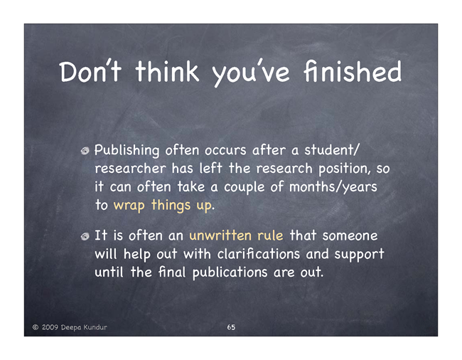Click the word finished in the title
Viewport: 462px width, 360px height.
[353, 71]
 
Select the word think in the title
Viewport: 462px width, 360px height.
[167, 71]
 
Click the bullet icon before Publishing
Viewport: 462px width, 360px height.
[85, 151]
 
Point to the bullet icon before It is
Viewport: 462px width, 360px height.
[85, 236]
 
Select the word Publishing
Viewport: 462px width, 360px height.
[127, 150]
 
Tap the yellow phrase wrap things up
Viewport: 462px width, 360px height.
[163, 206]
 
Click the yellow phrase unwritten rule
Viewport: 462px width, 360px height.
[236, 235]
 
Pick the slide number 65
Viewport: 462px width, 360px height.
[231, 327]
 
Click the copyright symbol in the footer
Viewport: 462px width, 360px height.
[36, 327]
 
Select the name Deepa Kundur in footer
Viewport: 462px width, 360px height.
[84, 327]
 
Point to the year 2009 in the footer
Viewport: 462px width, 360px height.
[50, 327]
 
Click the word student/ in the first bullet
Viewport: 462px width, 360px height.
[332, 150]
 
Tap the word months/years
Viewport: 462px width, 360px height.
[333, 187]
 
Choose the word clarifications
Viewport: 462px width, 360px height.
[259, 254]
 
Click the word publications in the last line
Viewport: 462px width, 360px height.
[230, 272]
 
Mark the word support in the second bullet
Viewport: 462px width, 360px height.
[359, 255]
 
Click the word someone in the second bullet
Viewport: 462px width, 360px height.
[350, 236]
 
